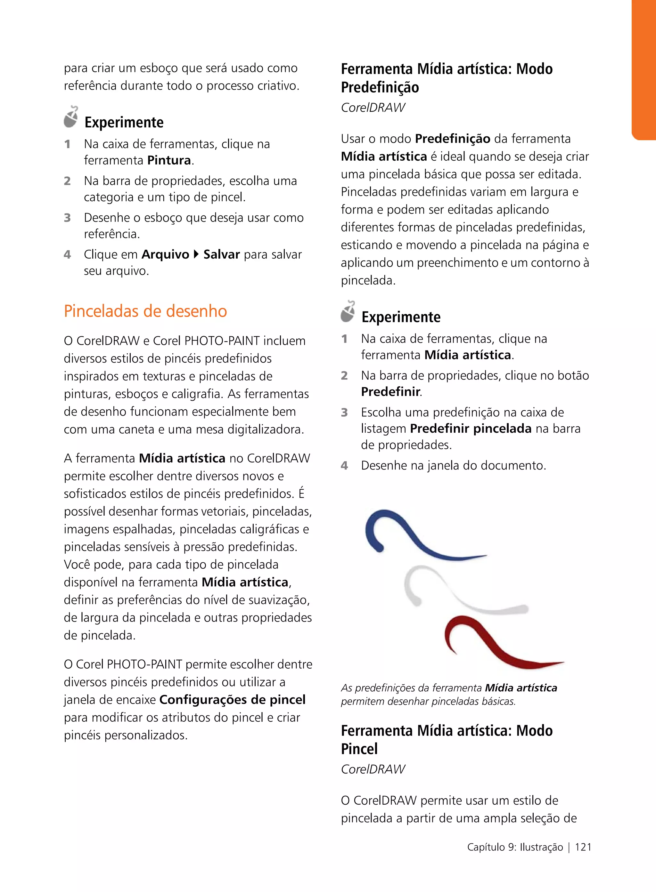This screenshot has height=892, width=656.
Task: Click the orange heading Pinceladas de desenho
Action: click(x=145, y=311)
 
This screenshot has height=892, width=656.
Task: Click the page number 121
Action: click(x=583, y=847)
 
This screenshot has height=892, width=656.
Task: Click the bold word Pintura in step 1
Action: click(x=169, y=160)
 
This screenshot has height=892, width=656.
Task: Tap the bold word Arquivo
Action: click(x=165, y=254)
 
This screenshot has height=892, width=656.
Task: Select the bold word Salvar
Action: click(x=222, y=254)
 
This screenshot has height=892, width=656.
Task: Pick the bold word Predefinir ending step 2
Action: click(x=390, y=392)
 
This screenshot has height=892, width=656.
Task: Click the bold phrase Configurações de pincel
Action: click(x=232, y=700)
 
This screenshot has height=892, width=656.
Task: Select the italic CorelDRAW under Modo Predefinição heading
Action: click(x=373, y=108)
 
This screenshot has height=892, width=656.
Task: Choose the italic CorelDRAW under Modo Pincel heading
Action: click(x=373, y=769)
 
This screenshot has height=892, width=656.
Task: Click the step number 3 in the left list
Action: click(x=68, y=218)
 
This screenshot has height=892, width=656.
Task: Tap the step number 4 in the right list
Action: click(x=344, y=465)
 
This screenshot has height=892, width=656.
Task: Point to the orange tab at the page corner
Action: click(x=644, y=69)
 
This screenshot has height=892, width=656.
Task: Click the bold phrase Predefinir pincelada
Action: click(x=471, y=429)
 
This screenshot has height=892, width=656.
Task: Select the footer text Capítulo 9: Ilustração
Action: click(x=515, y=847)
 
